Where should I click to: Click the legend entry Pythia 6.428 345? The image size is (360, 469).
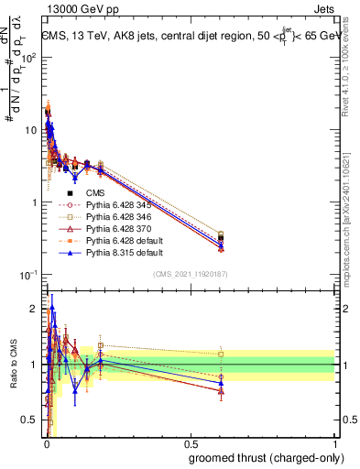[x=120, y=204]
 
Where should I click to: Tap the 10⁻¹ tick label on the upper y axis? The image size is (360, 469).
[x=27, y=275]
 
